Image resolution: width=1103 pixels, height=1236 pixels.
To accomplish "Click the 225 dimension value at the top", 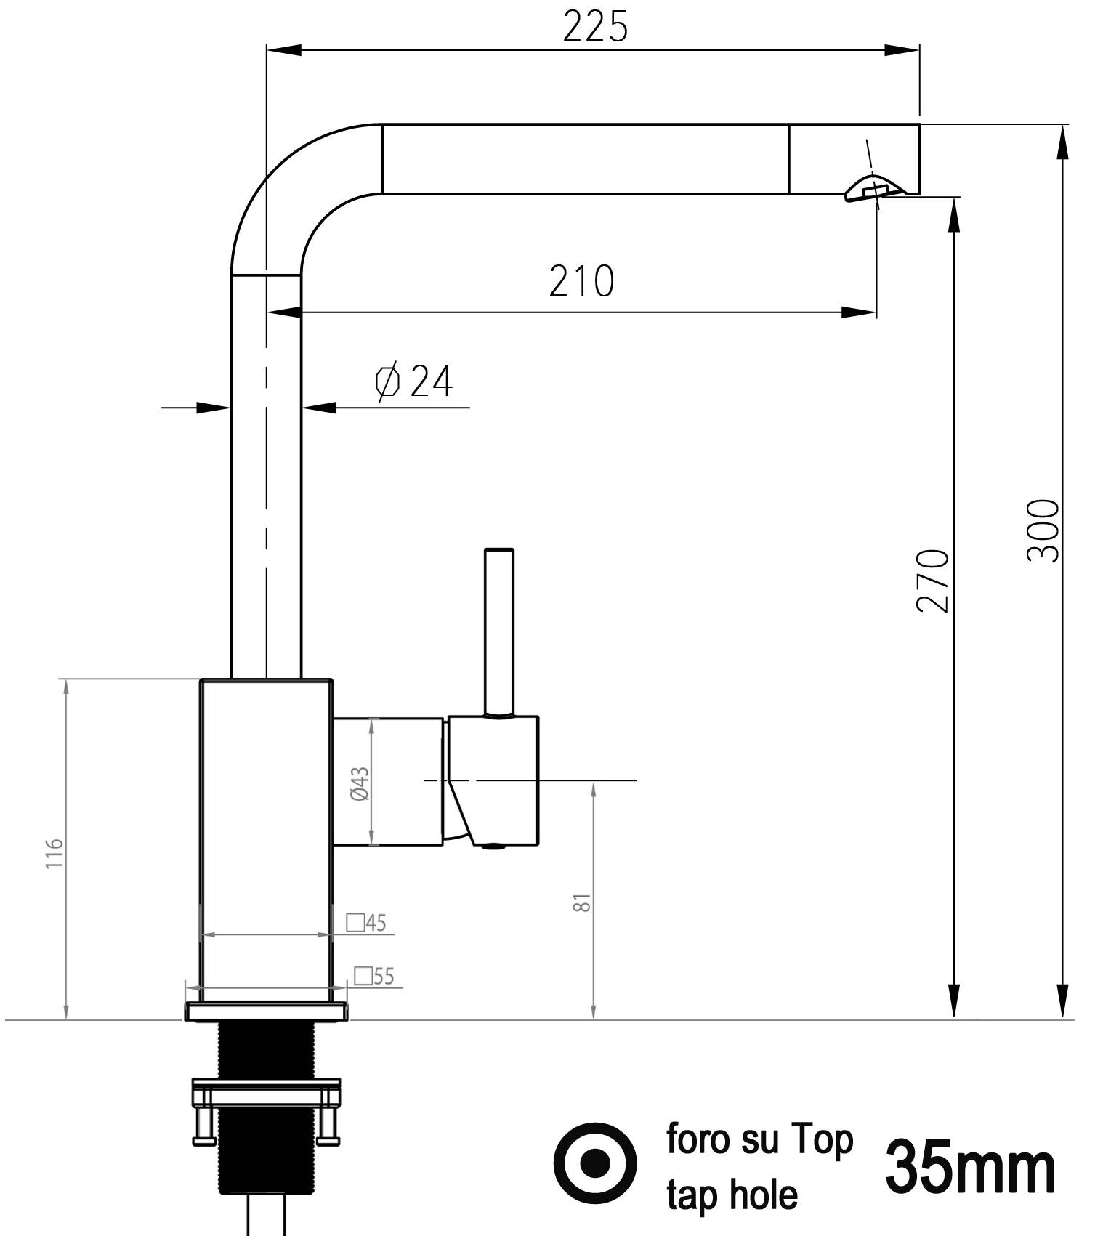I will point(594,28).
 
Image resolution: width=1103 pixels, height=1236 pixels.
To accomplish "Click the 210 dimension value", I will point(581,282).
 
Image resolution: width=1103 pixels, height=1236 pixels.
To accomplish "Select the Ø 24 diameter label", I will point(414,382).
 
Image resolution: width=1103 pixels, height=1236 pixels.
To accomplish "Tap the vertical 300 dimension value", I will point(1043,530).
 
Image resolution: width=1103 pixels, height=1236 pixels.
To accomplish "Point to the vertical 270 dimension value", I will point(933,581).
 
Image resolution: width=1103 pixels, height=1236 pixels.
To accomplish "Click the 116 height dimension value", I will point(55,853).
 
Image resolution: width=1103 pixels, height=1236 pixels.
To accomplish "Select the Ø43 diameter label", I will point(360,783).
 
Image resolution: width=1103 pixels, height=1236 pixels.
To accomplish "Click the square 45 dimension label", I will point(367,923).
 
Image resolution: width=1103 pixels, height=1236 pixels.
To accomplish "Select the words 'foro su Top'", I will point(759,1139).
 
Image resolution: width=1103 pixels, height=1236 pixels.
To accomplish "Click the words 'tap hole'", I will point(732,1195).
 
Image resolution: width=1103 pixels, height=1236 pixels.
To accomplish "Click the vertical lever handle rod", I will point(499,631).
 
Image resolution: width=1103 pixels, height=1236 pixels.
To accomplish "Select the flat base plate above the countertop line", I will point(266,1011).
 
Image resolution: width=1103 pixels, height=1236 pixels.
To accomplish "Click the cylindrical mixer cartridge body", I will point(388,782).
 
